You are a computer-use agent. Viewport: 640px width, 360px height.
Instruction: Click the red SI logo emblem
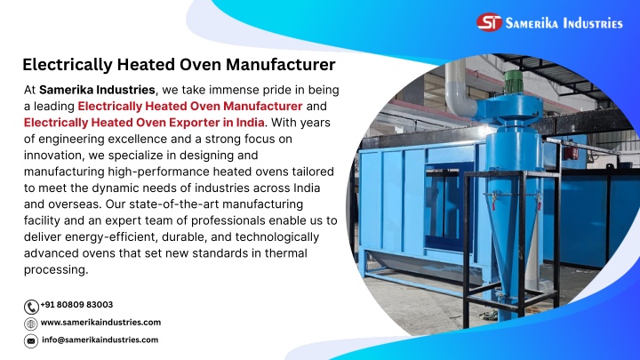pos(489,22)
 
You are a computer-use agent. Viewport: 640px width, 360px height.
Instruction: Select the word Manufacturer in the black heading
pos(281,65)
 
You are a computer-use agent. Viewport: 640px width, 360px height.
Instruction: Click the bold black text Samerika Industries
pos(97,90)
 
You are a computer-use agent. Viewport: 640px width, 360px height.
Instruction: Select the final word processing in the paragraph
pos(55,269)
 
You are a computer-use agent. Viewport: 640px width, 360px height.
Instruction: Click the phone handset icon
pos(31,307)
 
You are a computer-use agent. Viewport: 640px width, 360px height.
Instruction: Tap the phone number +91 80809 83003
pos(76,305)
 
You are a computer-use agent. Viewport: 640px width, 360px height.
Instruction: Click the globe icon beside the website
pos(30,324)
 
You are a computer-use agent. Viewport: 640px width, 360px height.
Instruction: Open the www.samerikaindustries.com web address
pos(100,322)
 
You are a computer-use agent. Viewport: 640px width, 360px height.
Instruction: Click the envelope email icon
pos(30,340)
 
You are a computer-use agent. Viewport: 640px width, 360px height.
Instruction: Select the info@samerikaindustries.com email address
pos(100,340)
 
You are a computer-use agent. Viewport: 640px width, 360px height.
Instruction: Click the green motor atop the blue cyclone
pos(514,82)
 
